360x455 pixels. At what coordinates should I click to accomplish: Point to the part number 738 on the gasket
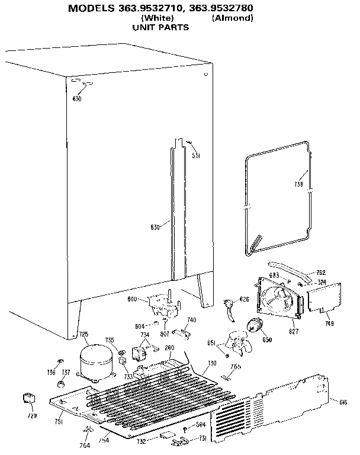[x=299, y=184]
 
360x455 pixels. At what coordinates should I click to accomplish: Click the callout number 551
[x=196, y=156]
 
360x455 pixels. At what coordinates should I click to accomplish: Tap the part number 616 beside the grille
[x=343, y=402]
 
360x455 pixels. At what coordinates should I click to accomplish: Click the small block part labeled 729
[x=27, y=400]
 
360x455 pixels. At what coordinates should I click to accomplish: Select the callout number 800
[x=133, y=300]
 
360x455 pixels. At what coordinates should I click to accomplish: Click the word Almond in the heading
[x=232, y=18]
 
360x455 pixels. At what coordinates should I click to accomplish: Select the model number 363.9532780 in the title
[x=220, y=8]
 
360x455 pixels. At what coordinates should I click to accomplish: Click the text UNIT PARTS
[x=160, y=27]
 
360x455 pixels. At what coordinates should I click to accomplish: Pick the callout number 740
[x=192, y=320]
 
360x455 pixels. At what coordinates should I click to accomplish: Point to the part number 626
[x=244, y=300]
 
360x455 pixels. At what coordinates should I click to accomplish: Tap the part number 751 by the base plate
[x=59, y=421]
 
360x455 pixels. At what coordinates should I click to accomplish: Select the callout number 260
[x=169, y=348]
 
